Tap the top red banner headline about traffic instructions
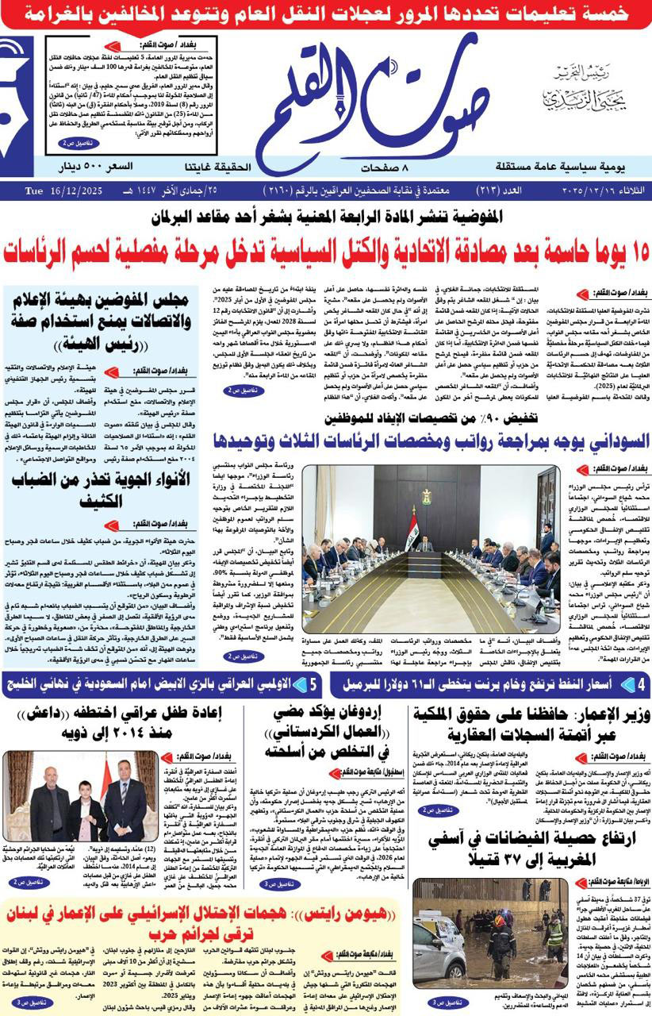326,13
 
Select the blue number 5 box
314,683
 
